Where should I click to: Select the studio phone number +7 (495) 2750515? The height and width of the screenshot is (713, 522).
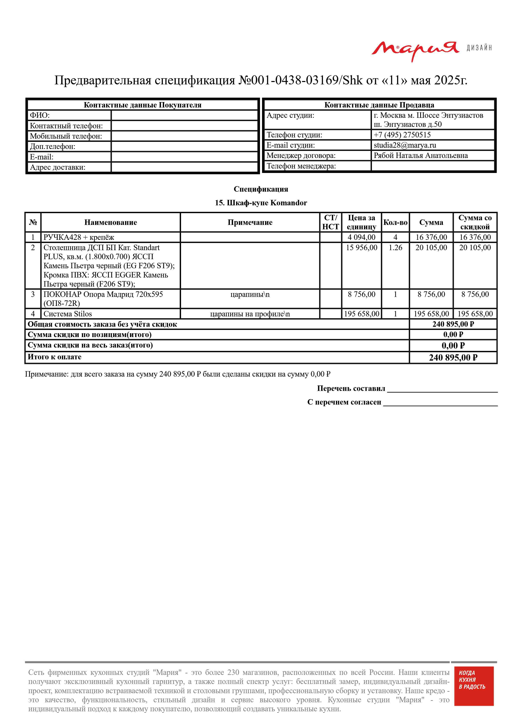(x=402, y=135)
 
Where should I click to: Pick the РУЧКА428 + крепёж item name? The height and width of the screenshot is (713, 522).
(x=79, y=237)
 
